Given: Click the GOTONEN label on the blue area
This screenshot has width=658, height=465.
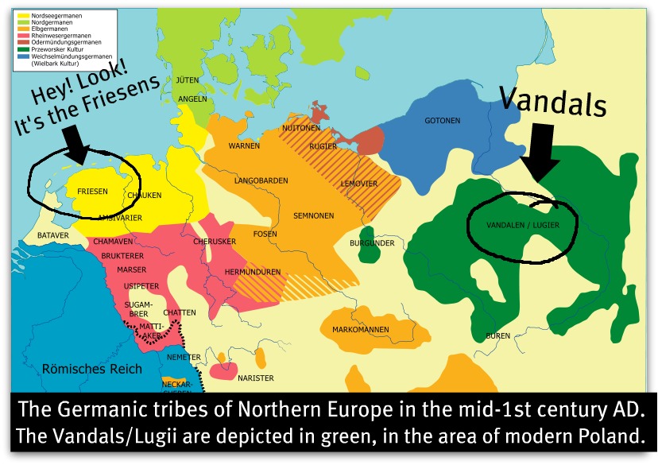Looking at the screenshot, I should click(443, 120).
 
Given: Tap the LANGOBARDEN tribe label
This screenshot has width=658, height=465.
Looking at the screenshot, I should click(261, 181).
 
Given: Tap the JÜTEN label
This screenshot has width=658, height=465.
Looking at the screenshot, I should click(188, 80).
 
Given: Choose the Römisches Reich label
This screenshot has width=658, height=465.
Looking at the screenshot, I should click(91, 368).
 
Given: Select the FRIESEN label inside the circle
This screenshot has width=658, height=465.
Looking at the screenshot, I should click(92, 191).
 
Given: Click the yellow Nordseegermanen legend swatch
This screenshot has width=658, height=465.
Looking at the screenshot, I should click(22, 15).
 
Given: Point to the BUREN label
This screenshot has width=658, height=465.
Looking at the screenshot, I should click(497, 336).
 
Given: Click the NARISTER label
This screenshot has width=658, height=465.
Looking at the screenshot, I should click(256, 378).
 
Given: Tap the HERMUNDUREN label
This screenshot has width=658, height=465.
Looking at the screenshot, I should click(253, 272).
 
